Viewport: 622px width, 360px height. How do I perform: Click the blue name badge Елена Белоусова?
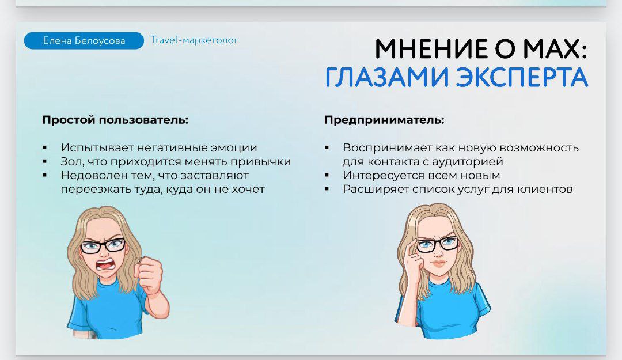click(84, 40)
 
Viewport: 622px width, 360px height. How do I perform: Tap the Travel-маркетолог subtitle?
click(194, 40)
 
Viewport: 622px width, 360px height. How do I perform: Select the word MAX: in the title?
click(555, 49)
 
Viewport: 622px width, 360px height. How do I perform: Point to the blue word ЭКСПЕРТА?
click(521, 77)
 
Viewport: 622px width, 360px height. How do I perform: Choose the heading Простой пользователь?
click(115, 119)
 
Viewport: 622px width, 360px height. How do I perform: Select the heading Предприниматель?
click(384, 119)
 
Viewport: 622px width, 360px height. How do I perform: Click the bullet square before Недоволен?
click(44, 175)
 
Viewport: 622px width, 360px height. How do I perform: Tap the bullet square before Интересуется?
click(327, 175)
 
